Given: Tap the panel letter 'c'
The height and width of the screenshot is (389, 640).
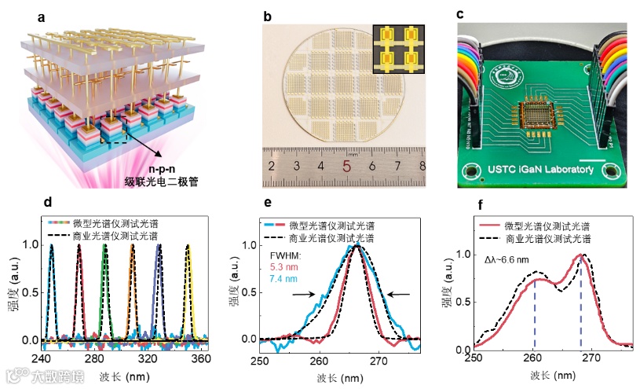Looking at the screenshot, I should click(x=461, y=13).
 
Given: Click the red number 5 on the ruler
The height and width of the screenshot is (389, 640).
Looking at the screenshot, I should click(x=346, y=167).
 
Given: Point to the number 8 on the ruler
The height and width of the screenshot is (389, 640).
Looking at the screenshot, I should click(x=422, y=167).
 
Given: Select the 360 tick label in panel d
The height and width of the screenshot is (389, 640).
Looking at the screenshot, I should click(x=200, y=358).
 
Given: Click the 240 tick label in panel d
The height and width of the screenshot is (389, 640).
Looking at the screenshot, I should click(x=41, y=358).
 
